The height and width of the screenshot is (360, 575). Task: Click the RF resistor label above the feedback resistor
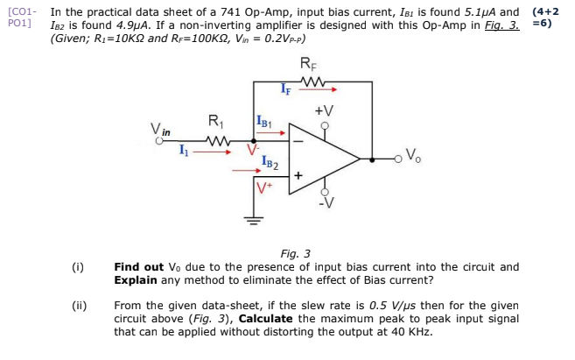310,63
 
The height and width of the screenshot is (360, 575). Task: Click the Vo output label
414,160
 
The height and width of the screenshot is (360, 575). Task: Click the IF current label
286,87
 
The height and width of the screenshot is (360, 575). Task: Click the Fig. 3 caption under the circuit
296,253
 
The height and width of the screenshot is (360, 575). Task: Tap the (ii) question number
80,306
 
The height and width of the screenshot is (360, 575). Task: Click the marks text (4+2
545,12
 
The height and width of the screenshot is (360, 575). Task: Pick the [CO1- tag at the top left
22,12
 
